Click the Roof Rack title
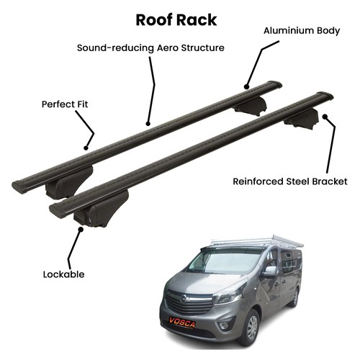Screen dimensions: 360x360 pos(176,20)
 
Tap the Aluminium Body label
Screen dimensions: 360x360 pos(302,31)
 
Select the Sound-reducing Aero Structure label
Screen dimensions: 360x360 pos(150,48)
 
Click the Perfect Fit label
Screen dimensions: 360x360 pos(65,104)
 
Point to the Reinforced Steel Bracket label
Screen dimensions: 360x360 pos(290,181)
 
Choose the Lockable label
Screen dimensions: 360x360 pos(64,274)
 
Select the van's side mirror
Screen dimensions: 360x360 pos(270,271)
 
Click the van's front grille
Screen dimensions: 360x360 pos(189,302)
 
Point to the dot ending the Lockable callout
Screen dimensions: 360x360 pos(81,229)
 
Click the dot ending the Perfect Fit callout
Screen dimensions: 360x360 pos(86,148)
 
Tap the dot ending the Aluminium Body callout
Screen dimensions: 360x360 pos(246,86)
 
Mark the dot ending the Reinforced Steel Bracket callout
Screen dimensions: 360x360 pos(325,117)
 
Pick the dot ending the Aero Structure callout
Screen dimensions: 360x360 pos(148,124)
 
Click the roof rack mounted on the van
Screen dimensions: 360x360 pos(257,240)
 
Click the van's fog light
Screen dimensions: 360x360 pos(225,325)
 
